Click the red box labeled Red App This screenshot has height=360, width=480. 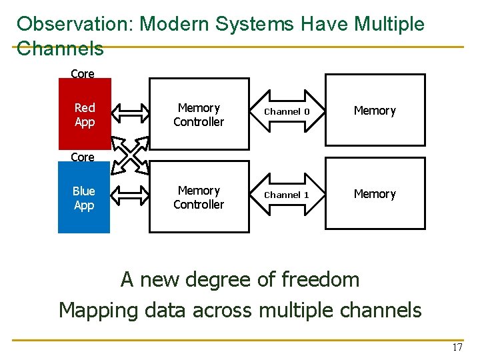(x=84, y=114)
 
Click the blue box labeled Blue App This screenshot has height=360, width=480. (x=84, y=198)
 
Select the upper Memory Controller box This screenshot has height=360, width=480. (x=199, y=115)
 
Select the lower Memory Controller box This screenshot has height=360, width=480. (x=199, y=197)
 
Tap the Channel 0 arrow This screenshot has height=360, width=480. (x=287, y=111)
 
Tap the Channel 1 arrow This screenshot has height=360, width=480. (x=287, y=195)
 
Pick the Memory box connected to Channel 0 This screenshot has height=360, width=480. (x=375, y=111)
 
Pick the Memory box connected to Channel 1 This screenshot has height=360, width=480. (x=375, y=194)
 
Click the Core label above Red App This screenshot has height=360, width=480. (x=83, y=74)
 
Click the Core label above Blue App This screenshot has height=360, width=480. (x=83, y=157)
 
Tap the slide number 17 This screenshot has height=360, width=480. (x=457, y=347)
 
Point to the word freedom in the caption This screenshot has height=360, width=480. (x=320, y=279)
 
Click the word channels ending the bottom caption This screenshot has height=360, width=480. (x=381, y=310)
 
